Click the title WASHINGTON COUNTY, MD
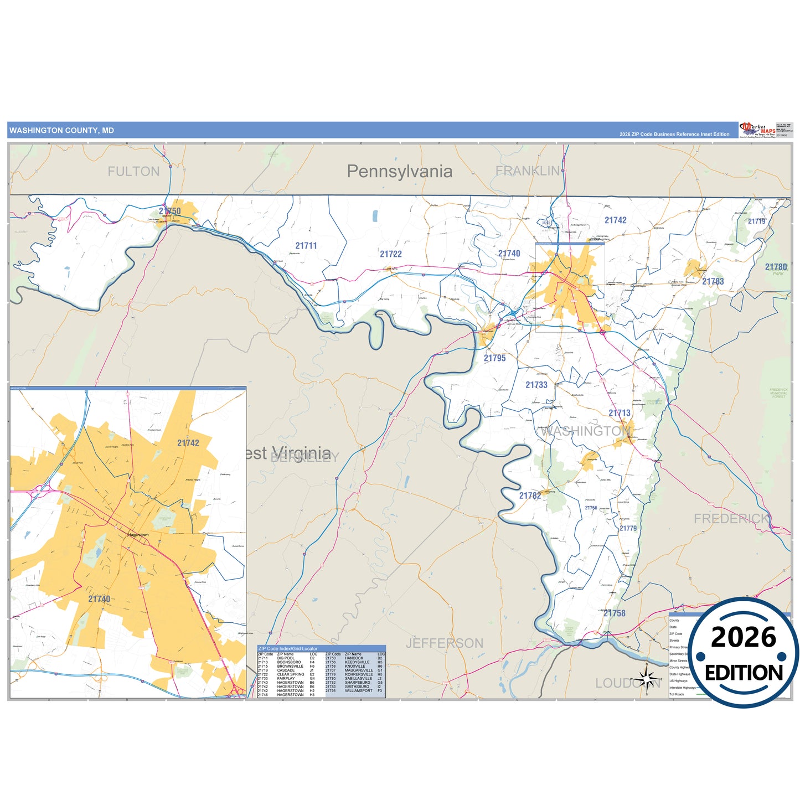click(x=61, y=131)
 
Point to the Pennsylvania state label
click(x=399, y=172)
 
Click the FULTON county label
click(x=133, y=172)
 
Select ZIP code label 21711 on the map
click(x=306, y=246)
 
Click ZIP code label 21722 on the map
click(x=390, y=254)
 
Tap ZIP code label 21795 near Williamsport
click(x=494, y=358)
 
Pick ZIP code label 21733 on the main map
click(x=536, y=385)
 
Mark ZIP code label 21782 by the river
click(x=530, y=496)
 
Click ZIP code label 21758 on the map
click(x=614, y=613)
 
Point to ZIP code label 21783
click(x=713, y=281)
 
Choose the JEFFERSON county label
click(x=444, y=643)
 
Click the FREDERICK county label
click(x=731, y=519)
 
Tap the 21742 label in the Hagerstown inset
click(x=188, y=443)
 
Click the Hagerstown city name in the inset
click(x=138, y=535)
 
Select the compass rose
click(x=646, y=679)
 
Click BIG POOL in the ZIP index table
click(x=286, y=658)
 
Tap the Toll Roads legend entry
click(x=677, y=694)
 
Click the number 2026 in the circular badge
click(x=743, y=638)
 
